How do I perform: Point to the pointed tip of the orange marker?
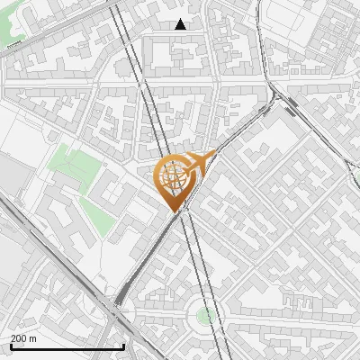tap(173, 211)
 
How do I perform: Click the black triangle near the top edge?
tap(181, 24)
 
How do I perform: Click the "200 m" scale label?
tap(24, 338)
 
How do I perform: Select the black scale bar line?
tap(67, 346)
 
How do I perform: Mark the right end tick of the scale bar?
tap(123, 345)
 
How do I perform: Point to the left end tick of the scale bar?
tap(10, 345)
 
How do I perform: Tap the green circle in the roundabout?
tap(206, 315)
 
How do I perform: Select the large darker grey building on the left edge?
tap(11, 175)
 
